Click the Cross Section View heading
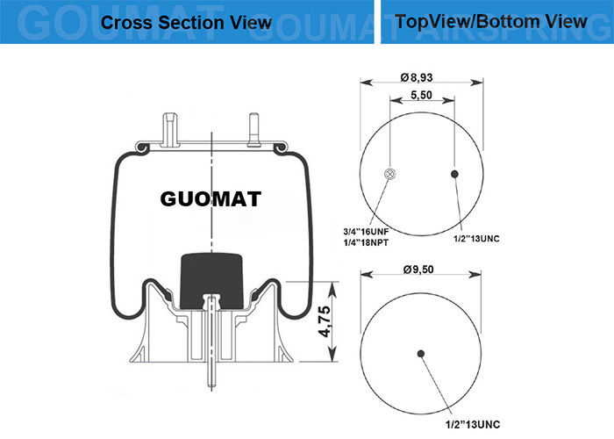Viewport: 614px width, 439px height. tap(186, 22)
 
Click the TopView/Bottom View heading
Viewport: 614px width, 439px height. tap(491, 21)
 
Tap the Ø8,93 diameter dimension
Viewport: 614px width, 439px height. tap(417, 77)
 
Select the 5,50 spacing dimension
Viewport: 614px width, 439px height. tap(421, 95)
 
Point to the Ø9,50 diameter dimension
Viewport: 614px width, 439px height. tap(418, 270)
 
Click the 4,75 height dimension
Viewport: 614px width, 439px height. tap(325, 321)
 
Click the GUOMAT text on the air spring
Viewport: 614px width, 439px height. tap(211, 198)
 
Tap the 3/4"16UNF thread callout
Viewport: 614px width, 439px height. tap(366, 232)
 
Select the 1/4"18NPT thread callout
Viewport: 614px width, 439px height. tap(366, 242)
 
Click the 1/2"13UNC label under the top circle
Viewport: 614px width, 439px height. tap(476, 238)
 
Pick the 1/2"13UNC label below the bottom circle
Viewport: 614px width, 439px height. tap(473, 424)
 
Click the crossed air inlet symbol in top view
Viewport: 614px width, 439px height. tap(390, 174)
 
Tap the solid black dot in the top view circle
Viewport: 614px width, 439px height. tap(454, 174)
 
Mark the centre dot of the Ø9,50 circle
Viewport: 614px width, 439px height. tap(421, 354)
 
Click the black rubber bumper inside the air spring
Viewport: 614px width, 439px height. tap(211, 280)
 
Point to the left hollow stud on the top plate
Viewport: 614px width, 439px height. tap(171, 129)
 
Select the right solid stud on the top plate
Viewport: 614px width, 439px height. tap(253, 130)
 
